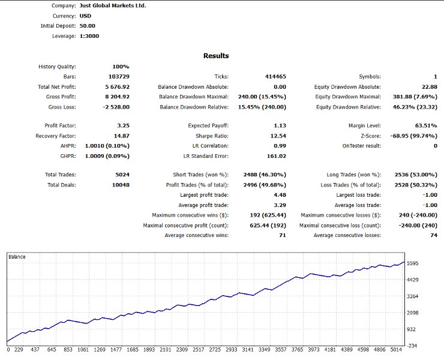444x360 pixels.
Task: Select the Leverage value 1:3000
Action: pyautogui.click(x=89, y=36)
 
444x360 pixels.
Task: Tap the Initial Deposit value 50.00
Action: pyautogui.click(x=88, y=26)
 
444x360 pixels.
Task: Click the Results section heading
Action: pyautogui.click(x=216, y=56)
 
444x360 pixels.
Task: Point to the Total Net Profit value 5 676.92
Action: pyautogui.click(x=113, y=87)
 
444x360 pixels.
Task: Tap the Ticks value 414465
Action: pyautogui.click(x=275, y=77)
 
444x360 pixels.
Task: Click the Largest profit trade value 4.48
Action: pyautogui.click(x=279, y=195)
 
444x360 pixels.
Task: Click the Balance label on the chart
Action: pyautogui.click(x=17, y=257)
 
